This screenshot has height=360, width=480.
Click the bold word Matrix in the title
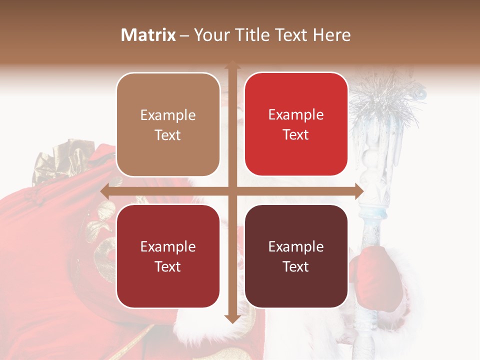(x=148, y=35)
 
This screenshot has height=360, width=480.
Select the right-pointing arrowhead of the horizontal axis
(x=359, y=191)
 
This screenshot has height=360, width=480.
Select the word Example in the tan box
(x=168, y=115)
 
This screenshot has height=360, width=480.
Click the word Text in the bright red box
(x=296, y=134)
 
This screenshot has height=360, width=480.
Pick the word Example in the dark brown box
(x=296, y=246)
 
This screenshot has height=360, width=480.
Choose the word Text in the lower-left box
(x=168, y=266)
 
